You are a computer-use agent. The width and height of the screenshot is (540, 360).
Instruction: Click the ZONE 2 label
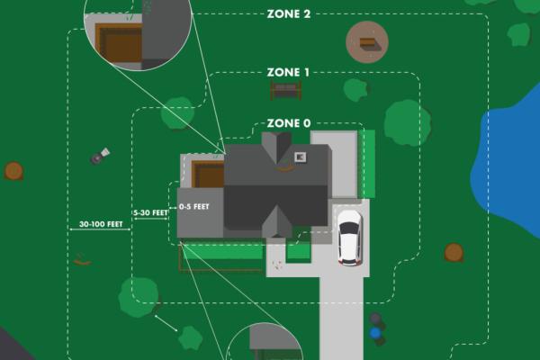(x=289, y=15)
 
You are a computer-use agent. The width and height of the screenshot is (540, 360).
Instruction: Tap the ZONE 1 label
(x=289, y=72)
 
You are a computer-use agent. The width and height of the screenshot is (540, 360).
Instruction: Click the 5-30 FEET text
(x=150, y=213)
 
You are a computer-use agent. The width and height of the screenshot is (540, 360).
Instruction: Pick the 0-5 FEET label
(x=194, y=207)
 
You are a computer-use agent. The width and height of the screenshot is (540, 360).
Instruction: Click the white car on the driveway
(x=349, y=237)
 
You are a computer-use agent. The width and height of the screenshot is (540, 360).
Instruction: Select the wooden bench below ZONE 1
(x=284, y=90)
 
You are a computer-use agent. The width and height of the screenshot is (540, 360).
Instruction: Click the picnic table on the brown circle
(x=367, y=41)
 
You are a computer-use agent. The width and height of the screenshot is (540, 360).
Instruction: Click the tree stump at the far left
(x=13, y=170)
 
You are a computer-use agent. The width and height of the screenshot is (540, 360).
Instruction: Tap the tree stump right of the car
(x=454, y=252)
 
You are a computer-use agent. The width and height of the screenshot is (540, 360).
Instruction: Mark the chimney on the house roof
(x=300, y=155)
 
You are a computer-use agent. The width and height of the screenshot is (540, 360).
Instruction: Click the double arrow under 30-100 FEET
(x=100, y=230)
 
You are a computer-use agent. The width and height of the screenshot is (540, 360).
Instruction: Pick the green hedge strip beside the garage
(x=367, y=164)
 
